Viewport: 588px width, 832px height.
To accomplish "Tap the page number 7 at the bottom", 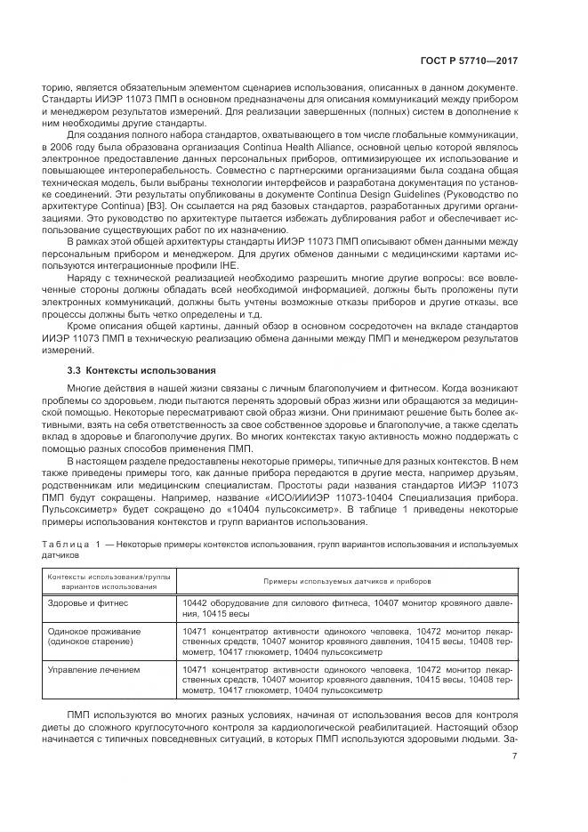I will point(515,757).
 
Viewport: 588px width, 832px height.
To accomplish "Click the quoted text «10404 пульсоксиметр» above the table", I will point(246,510).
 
